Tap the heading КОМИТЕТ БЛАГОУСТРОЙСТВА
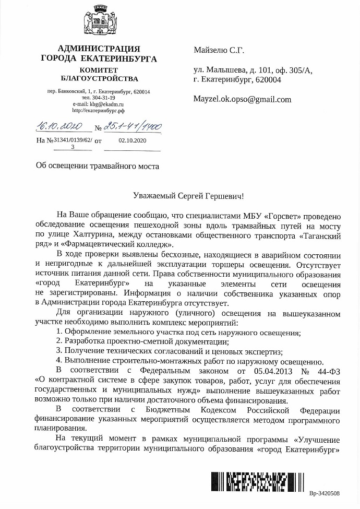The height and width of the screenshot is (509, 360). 99,74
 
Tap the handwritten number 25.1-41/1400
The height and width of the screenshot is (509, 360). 133,126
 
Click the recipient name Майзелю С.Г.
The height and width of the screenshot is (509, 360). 219,51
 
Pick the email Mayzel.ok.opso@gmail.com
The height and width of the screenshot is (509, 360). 242,99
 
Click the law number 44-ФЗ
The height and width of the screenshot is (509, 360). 328,372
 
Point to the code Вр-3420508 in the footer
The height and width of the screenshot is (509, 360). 324,493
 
